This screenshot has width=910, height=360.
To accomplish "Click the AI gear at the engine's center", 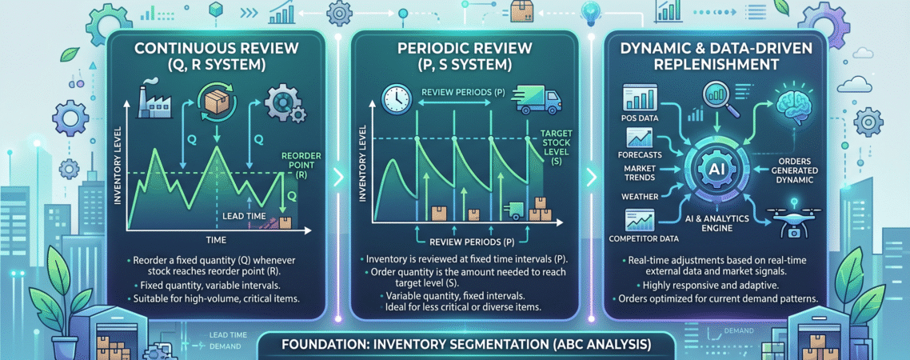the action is click(x=714, y=168).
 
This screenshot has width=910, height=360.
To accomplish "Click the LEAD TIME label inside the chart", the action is click(x=245, y=215).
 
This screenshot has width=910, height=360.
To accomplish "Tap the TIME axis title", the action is click(x=215, y=239).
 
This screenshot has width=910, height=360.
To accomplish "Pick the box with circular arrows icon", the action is click(x=216, y=99).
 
